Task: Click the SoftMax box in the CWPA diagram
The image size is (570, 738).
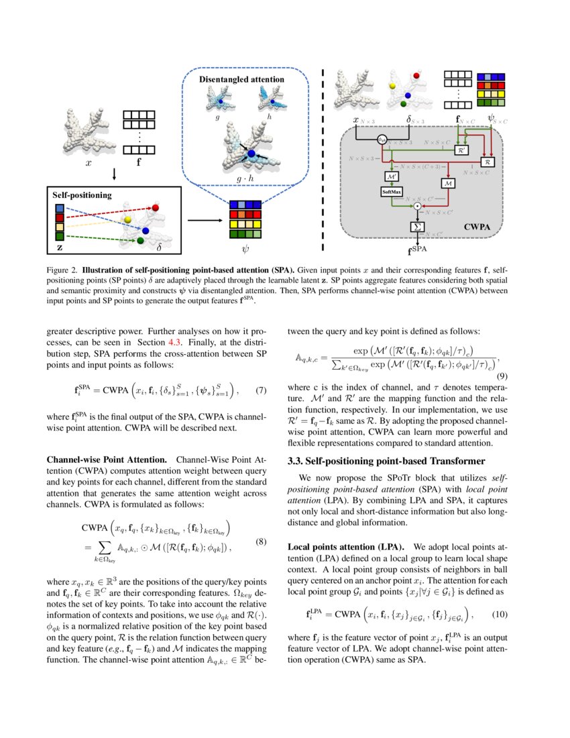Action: tap(390, 192)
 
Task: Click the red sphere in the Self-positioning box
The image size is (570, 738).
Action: tap(156, 209)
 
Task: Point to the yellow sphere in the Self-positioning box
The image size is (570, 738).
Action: tap(128, 219)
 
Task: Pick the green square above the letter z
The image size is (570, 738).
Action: tap(59, 236)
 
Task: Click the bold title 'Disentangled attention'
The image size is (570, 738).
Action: tap(241, 80)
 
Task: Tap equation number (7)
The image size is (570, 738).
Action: tap(262, 390)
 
